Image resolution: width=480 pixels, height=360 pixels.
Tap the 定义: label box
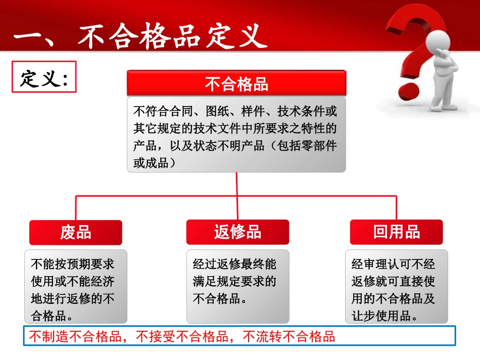44,77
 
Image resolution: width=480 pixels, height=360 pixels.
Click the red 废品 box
75,232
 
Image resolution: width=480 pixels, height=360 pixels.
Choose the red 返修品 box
237,232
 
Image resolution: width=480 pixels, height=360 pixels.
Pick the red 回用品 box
397,232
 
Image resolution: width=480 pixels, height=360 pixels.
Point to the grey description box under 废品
76,287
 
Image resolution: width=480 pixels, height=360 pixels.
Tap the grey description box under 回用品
397,287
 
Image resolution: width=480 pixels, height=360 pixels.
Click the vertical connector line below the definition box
236,184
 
